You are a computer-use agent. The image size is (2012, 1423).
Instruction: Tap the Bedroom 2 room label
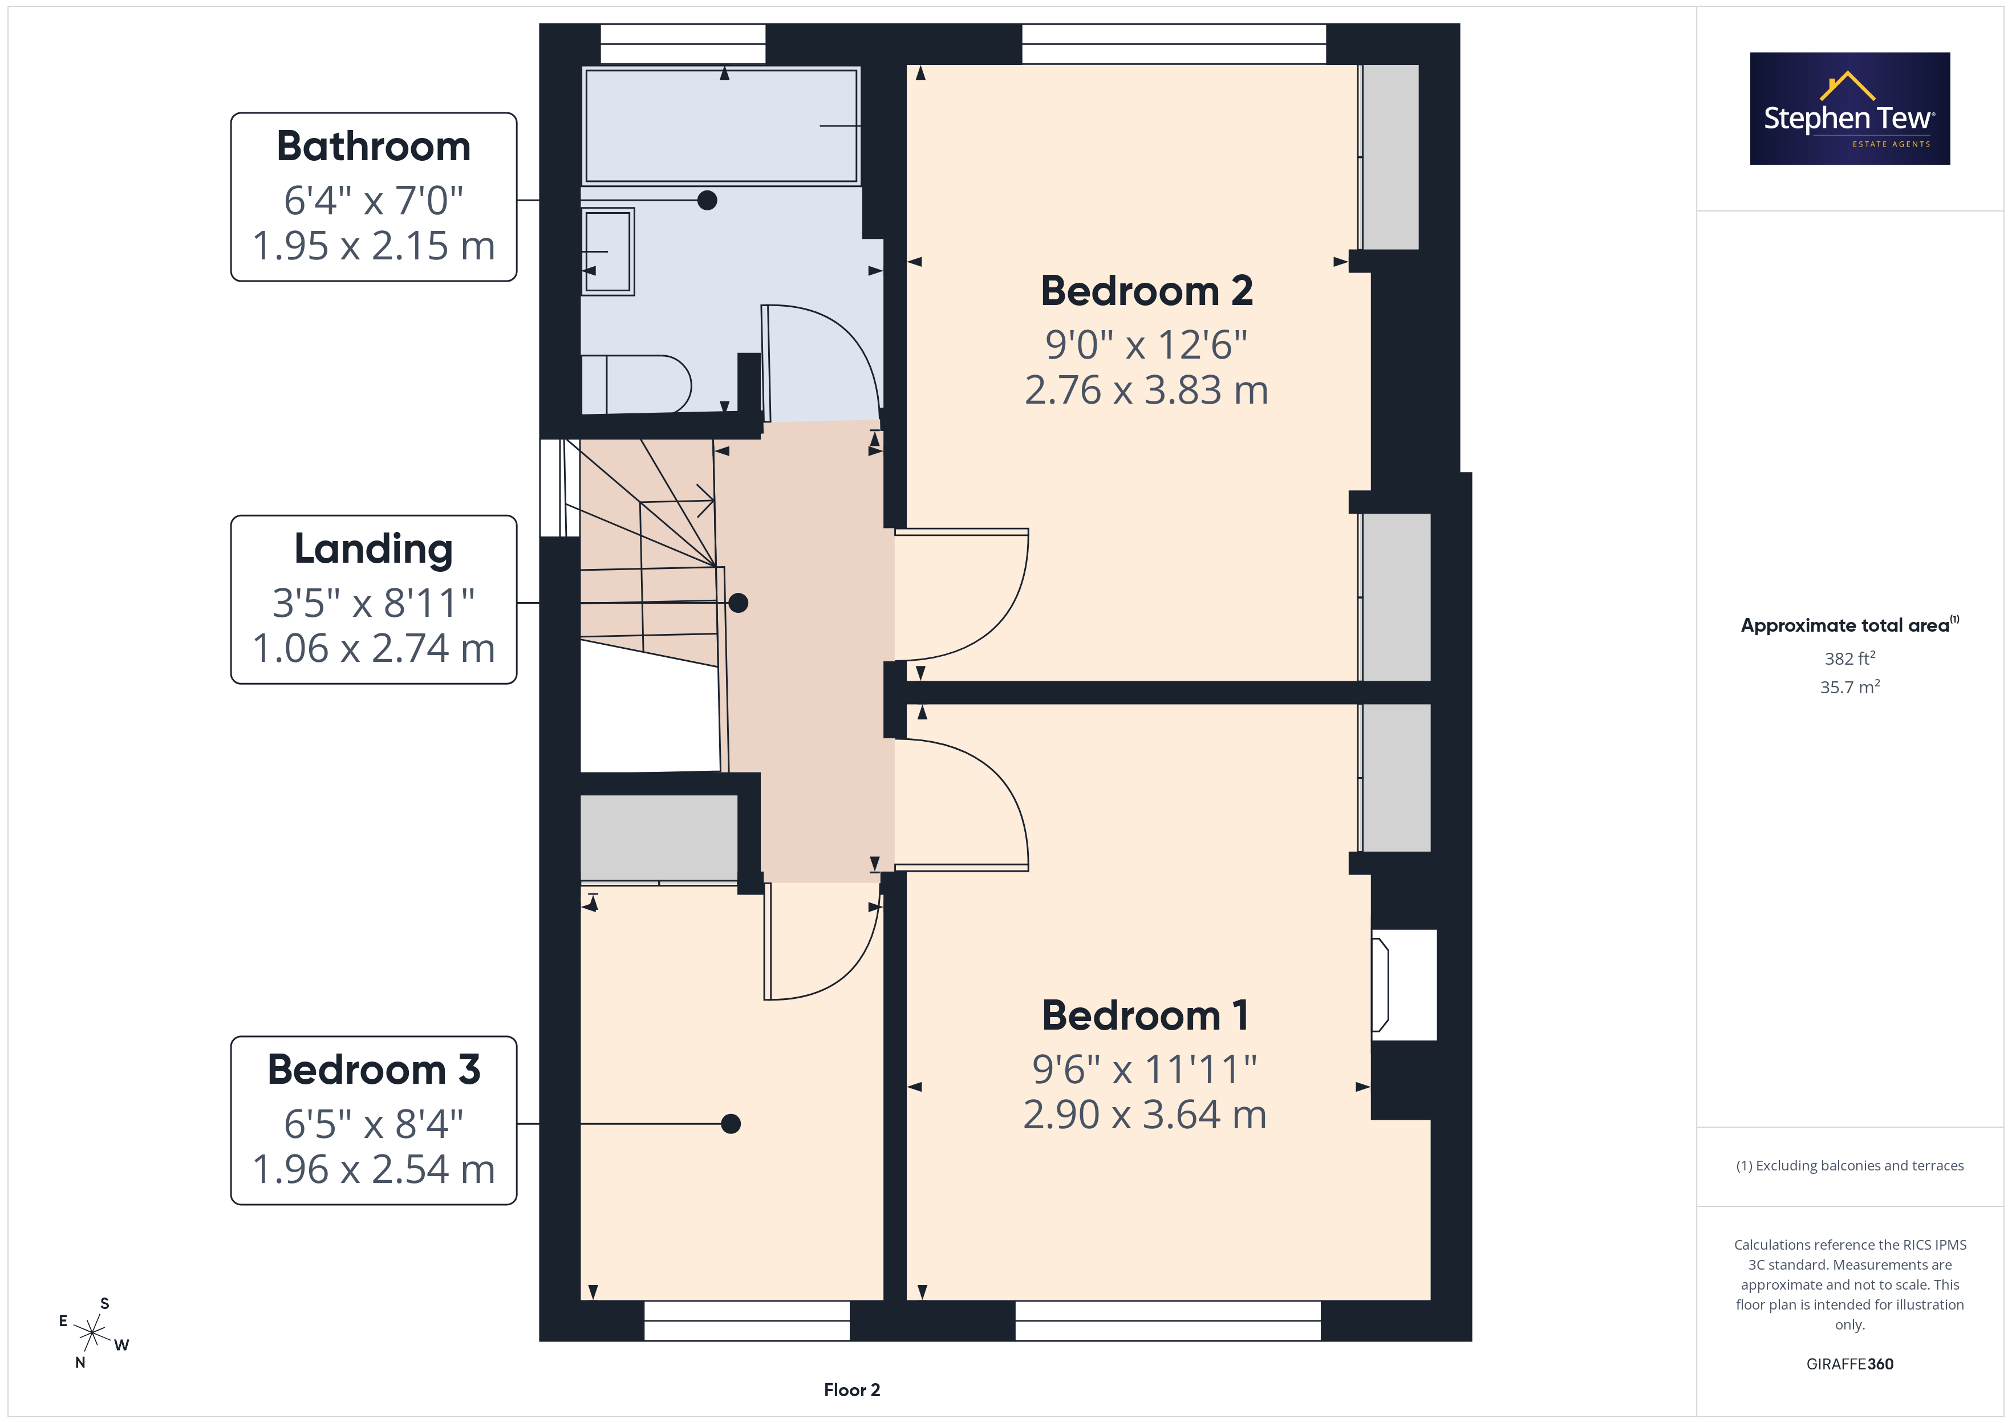1146,291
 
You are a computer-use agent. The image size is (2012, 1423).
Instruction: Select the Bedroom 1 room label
1145,1015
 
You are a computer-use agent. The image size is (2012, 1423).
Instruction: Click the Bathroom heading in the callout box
374,147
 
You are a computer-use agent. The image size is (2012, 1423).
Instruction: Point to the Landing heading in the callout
374,550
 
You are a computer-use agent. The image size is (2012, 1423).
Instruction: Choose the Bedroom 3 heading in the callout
374,1070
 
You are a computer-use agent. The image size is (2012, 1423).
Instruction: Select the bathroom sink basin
607,251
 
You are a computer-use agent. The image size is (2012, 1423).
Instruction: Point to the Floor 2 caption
852,1390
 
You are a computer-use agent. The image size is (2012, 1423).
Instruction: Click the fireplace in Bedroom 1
1403,985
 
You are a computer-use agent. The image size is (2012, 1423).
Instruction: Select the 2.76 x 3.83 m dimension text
1146,390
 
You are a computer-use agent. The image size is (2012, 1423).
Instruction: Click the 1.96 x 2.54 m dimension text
374,1169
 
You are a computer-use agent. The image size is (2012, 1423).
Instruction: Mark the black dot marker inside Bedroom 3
731,1123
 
